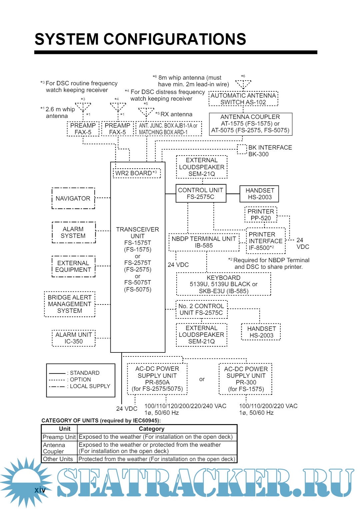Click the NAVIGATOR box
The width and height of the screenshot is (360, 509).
(x=73, y=199)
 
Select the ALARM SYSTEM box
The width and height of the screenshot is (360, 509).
(x=73, y=233)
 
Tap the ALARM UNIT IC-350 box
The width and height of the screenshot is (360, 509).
(x=73, y=338)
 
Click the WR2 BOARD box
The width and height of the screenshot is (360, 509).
(x=137, y=173)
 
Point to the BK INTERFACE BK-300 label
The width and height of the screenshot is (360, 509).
(x=270, y=151)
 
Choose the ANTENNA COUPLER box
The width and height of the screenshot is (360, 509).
(x=250, y=124)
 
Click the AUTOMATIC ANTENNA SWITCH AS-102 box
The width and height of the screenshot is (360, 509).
(x=243, y=99)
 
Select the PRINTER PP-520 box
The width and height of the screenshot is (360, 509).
(x=261, y=215)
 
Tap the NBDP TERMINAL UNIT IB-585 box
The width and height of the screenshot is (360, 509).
(x=204, y=242)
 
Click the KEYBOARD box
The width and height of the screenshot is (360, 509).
(x=223, y=284)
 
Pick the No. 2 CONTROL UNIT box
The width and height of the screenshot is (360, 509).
(x=201, y=309)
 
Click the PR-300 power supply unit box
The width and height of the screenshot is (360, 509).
(x=246, y=379)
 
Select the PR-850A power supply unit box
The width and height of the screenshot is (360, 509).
(x=157, y=379)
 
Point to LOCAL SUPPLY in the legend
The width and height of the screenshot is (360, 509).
(x=90, y=386)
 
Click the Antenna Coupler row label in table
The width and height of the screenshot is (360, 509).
(x=54, y=448)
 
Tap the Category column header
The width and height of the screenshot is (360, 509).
(x=151, y=429)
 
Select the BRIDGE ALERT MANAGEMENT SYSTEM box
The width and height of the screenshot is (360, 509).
(x=69, y=304)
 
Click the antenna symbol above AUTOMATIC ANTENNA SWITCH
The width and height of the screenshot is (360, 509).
(x=243, y=84)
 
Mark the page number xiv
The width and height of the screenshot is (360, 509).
(x=40, y=490)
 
